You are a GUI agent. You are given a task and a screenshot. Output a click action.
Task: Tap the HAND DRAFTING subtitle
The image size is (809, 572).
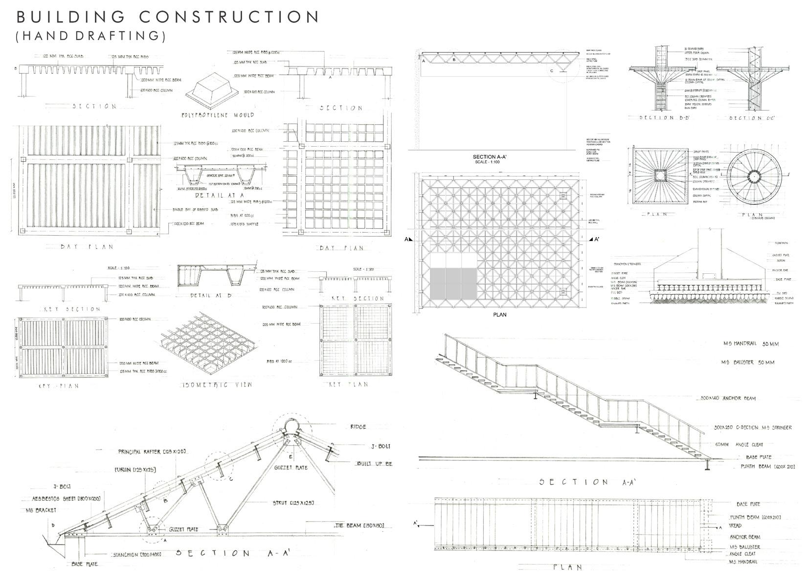91,36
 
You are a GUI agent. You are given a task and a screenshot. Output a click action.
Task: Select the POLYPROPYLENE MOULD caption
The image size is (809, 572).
218,115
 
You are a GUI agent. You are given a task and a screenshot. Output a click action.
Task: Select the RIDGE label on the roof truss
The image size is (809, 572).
358,427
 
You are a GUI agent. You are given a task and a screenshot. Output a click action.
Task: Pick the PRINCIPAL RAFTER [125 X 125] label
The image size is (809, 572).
152,452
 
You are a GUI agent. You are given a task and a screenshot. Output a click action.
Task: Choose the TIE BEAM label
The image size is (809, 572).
360,526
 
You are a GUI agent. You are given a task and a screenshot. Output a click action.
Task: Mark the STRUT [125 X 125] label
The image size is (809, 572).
293,503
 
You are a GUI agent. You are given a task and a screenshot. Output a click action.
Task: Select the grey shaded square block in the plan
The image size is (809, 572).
453,283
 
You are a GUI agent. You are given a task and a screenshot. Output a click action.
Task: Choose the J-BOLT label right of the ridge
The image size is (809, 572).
381,446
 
